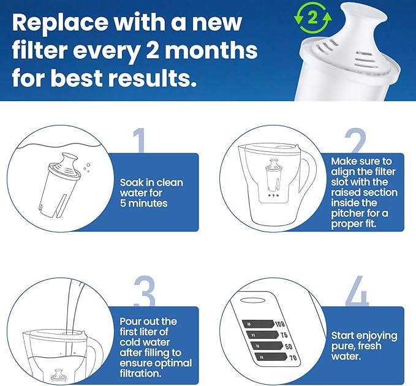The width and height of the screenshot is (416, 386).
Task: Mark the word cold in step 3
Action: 134,342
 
